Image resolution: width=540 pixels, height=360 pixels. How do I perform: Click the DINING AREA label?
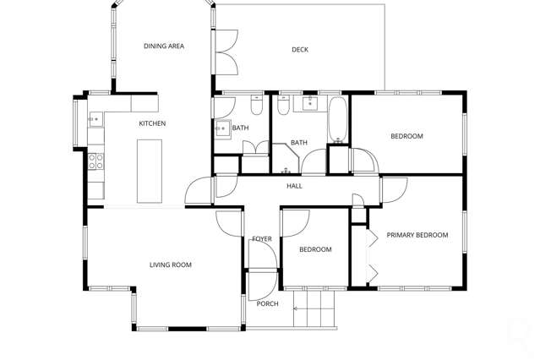tap(163, 46)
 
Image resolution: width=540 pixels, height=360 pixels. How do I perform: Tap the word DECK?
tap(300, 50)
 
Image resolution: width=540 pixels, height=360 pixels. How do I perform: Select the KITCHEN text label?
tap(152, 123)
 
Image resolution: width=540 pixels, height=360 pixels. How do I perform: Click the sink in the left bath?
tap(222, 129)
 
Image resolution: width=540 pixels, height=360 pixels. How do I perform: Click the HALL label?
tap(294, 186)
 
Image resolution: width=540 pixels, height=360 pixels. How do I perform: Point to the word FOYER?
tap(262, 239)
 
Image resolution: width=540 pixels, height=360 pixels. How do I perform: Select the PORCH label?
tap(267, 304)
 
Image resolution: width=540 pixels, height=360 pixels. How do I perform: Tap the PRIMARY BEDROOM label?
tap(417, 235)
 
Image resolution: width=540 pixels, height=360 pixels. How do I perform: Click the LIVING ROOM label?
tap(171, 265)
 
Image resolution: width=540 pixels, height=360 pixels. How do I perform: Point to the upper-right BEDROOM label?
tap(406, 136)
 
